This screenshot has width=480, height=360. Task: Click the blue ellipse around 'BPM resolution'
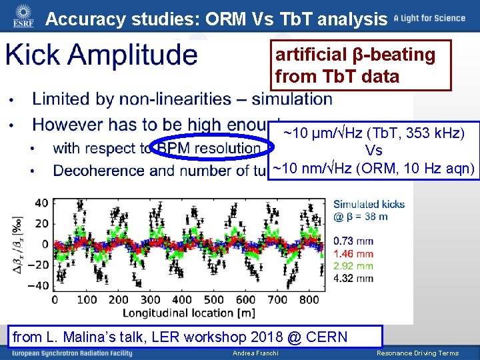point(208,148)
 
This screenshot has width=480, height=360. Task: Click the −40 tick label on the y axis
point(38,285)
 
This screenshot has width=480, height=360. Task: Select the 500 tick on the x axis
point(213,300)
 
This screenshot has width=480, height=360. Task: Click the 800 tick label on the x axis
point(309,300)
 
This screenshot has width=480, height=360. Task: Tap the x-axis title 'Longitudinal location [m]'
point(182,312)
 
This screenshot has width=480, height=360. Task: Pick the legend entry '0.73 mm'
point(353,241)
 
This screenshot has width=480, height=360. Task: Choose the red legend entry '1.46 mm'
point(353,254)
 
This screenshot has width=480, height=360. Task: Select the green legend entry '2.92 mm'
point(353,266)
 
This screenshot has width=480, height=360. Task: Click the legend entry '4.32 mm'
point(353,278)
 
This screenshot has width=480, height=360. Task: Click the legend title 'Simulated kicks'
point(369,205)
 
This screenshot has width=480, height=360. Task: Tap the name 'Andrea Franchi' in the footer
point(255,353)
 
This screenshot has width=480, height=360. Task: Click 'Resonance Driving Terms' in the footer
point(417,353)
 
